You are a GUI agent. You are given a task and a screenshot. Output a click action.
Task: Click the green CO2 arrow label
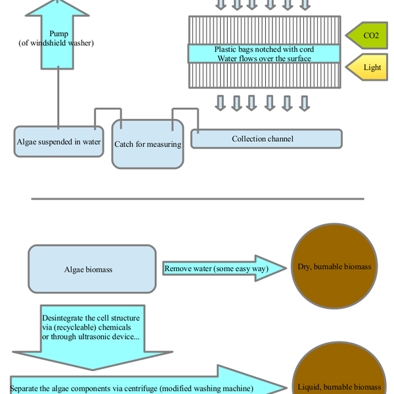point(369,35)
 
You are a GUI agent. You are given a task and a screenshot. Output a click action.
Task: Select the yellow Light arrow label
point(370,68)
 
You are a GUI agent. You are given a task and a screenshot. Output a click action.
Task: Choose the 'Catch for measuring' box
point(148,144)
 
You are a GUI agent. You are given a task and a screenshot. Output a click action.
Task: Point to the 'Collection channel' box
point(266,139)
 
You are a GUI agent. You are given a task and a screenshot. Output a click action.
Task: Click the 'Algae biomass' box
point(92,269)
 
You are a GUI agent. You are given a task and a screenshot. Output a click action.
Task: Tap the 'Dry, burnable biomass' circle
point(336,267)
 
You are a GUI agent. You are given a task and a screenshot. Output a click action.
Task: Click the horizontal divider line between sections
point(197,198)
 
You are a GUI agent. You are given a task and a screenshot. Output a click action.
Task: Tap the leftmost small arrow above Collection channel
point(220,103)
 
